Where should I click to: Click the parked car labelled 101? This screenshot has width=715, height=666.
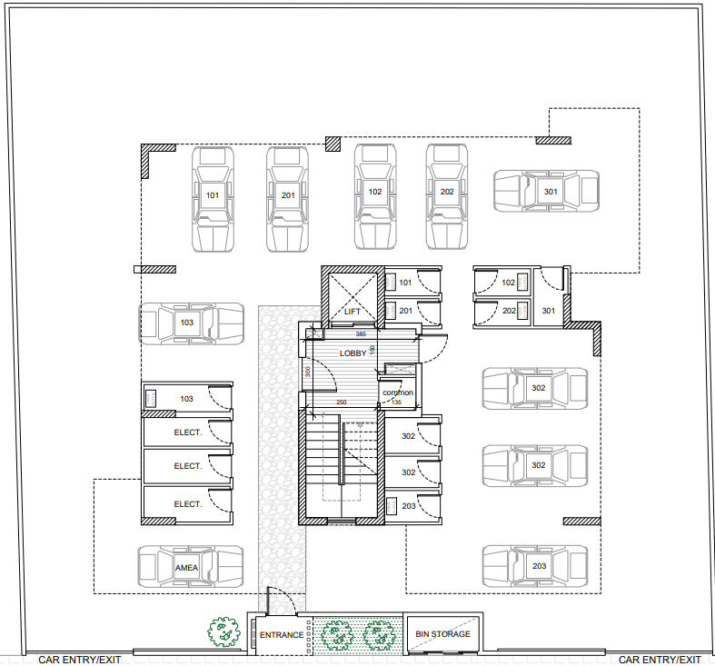(213, 199)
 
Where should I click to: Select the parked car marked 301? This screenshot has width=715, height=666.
(546, 191)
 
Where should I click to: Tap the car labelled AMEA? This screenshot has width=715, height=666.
(191, 567)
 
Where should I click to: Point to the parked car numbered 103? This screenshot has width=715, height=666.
(191, 323)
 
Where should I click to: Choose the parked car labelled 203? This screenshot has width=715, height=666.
(535, 566)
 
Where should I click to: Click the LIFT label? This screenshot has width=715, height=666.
(352, 312)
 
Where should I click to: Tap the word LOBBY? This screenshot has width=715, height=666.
(353, 353)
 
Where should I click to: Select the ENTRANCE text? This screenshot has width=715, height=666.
(282, 634)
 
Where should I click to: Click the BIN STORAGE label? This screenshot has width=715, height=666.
(442, 633)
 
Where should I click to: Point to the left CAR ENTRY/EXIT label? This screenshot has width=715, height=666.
(80, 660)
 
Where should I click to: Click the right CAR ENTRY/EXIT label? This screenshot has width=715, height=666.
(660, 660)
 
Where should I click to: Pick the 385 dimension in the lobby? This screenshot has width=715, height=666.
(361, 334)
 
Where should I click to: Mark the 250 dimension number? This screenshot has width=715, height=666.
(342, 402)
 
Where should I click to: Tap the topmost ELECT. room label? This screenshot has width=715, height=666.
(188, 432)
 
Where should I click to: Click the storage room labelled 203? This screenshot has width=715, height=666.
(412, 506)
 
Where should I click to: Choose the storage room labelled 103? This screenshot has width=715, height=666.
(187, 399)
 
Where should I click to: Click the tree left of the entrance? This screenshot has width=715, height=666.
(223, 631)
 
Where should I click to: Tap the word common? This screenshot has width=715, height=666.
(398, 393)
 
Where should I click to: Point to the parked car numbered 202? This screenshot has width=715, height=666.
(447, 196)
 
